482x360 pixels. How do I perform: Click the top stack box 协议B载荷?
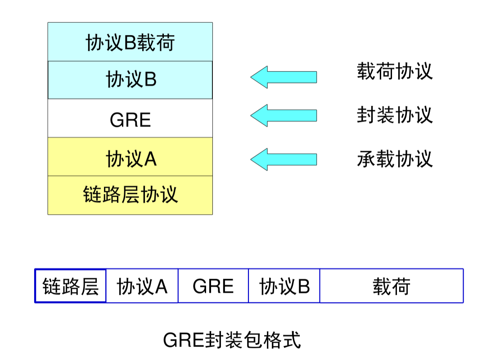point(130,42)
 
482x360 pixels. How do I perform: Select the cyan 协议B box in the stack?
point(130,80)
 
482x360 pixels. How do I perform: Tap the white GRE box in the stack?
point(130,119)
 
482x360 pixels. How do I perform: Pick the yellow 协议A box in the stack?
point(130,157)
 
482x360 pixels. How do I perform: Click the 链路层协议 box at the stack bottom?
point(130,195)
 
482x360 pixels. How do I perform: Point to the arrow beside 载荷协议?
point(284,77)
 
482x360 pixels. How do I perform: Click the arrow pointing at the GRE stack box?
point(284,116)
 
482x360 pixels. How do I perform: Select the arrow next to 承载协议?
point(284,159)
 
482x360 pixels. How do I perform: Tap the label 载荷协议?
point(395,72)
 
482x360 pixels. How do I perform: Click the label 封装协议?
point(395,115)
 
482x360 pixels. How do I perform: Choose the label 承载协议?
point(395,159)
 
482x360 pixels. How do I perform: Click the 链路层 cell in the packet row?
point(71,286)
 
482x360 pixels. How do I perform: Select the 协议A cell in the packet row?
point(142,286)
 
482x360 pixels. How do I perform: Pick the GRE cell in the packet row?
point(213,286)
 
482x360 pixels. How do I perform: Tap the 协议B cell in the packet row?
point(284,286)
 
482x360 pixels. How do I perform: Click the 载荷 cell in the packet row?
point(392,286)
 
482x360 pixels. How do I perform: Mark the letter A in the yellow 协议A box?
point(150,159)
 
